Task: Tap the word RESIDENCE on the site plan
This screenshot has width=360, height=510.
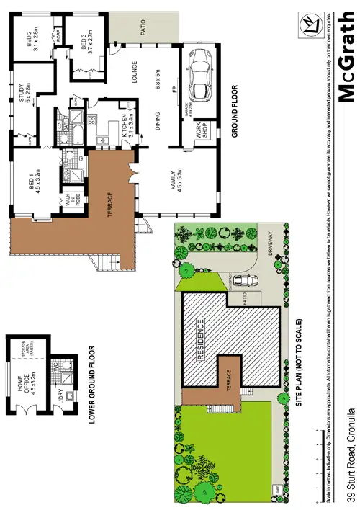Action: click(201, 338)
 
